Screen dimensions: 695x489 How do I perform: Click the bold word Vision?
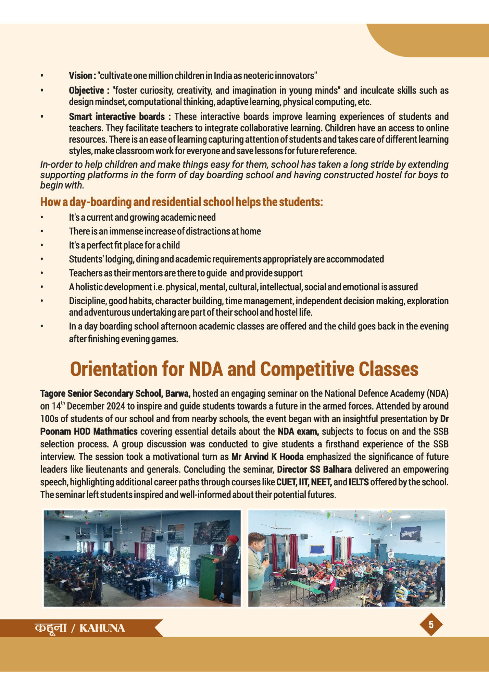click(x=80, y=75)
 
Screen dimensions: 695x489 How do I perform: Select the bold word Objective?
click(x=86, y=90)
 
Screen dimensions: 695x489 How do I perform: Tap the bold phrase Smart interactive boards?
click(x=117, y=117)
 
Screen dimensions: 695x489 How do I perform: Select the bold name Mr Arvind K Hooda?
click(x=267, y=457)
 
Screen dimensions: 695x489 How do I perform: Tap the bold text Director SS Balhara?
click(x=314, y=470)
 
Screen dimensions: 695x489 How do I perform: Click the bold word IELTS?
click(x=359, y=482)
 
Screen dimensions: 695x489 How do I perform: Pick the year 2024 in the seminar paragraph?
click(x=116, y=406)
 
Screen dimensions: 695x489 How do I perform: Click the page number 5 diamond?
click(x=431, y=625)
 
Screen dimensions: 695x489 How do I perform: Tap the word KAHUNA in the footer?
click(x=102, y=628)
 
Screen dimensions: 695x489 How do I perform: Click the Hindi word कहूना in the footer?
click(x=50, y=628)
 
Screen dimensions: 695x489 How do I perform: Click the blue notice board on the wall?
click(x=317, y=550)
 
